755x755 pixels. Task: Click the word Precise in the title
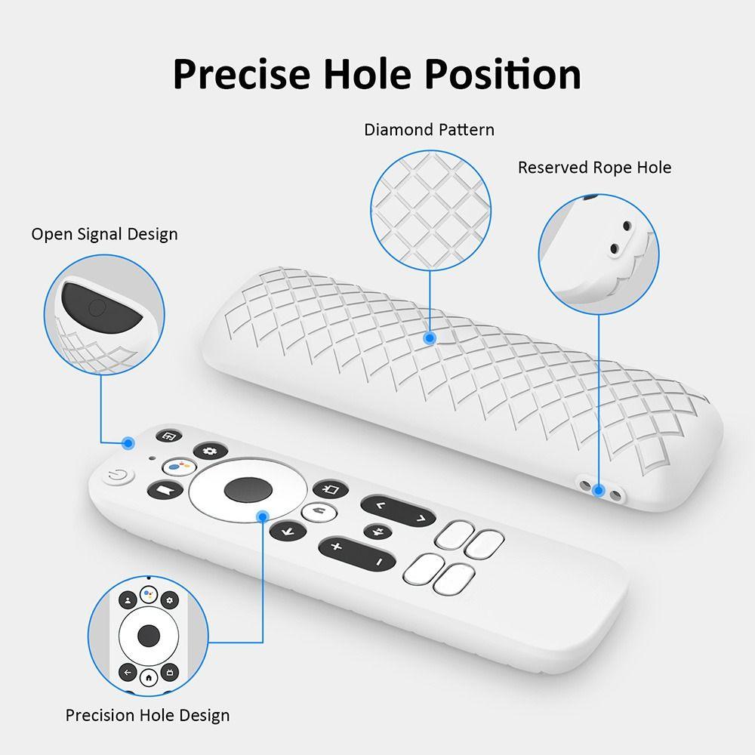242,74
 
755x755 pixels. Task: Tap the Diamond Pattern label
429,130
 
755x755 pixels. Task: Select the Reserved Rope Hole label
594,168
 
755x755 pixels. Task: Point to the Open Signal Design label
104,235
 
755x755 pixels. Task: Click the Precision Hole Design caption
147,716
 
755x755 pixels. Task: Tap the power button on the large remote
117,476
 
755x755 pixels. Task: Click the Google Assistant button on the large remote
179,467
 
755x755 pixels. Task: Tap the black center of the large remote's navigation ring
248,489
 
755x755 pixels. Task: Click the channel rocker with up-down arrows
399,511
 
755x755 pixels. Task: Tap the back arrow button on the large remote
288,532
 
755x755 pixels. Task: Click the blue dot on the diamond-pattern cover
430,338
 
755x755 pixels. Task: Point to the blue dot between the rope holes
599,491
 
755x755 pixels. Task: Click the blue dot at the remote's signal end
128,443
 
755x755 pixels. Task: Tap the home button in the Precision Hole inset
149,677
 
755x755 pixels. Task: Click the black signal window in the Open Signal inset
100,308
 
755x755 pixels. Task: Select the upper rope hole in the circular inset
627,225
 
